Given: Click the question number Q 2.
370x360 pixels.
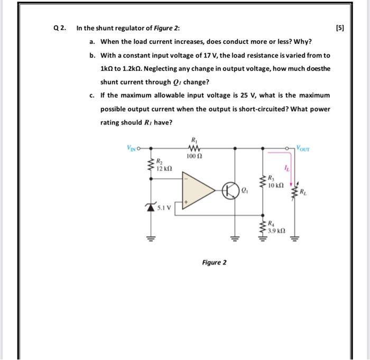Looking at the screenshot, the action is click(x=60, y=28).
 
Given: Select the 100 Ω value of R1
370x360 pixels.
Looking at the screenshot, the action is click(x=192, y=156).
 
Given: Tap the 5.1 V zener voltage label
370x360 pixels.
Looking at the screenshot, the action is click(x=163, y=208).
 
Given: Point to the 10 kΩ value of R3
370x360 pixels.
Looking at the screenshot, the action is click(x=276, y=186).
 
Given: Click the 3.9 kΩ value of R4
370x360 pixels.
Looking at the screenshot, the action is click(x=276, y=230).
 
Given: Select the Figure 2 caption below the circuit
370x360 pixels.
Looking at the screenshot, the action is click(x=214, y=262).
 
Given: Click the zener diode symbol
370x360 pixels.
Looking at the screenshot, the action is click(x=153, y=207).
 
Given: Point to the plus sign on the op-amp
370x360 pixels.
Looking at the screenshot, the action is click(x=186, y=201).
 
